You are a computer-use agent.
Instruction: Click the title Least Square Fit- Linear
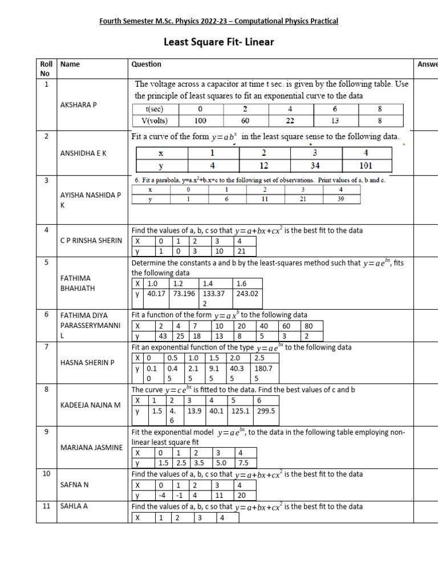(x=219, y=42)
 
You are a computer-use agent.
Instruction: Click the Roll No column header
(x=45, y=69)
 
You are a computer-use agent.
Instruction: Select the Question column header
(x=147, y=64)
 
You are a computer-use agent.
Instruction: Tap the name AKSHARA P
(x=78, y=106)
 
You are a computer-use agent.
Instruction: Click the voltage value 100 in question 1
(x=200, y=121)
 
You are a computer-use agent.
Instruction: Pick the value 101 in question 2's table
(x=366, y=166)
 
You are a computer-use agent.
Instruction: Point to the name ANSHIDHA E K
(x=83, y=153)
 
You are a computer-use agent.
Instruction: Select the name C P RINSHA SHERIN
(x=91, y=240)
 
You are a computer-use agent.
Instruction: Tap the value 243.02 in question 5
(x=246, y=294)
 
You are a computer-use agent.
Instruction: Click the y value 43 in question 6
(x=164, y=336)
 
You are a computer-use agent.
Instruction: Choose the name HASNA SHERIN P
(x=87, y=362)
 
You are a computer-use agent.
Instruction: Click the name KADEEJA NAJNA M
(x=90, y=404)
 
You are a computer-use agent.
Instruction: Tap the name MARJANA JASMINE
(x=91, y=447)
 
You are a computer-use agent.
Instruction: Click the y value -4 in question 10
(x=163, y=496)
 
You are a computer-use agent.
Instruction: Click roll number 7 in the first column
(x=45, y=347)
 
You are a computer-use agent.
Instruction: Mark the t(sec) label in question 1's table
(x=154, y=109)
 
